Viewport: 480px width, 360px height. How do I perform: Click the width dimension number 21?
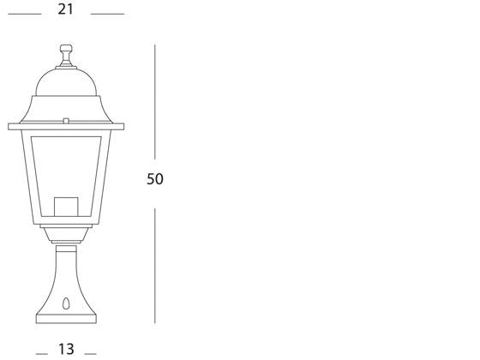pos(66,9)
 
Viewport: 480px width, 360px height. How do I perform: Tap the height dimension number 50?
pos(155,179)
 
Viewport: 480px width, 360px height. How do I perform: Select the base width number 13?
pos(66,349)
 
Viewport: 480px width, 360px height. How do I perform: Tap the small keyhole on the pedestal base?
pos(66,303)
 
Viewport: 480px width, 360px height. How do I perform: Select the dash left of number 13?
pos(40,353)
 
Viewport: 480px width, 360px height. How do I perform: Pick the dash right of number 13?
pos(90,353)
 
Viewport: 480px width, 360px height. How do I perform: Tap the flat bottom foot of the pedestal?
pos(66,319)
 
